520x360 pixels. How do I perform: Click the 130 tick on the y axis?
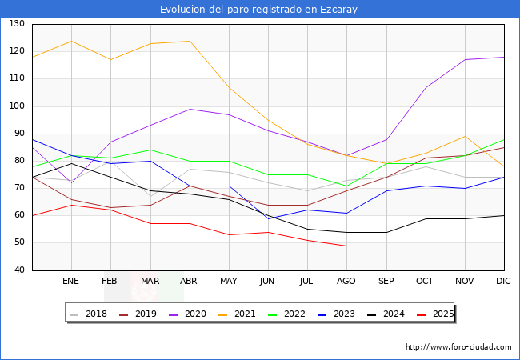(17, 24)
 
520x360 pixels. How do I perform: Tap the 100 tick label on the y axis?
(17, 106)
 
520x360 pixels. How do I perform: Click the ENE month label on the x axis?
(71, 282)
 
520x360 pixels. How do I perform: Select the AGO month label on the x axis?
(346, 282)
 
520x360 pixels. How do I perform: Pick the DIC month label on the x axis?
(503, 282)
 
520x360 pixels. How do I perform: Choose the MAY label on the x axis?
(229, 282)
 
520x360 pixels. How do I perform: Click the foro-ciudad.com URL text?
(458, 347)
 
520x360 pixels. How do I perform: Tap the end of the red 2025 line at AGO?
(346, 246)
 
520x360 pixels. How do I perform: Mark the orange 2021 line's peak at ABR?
(190, 41)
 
